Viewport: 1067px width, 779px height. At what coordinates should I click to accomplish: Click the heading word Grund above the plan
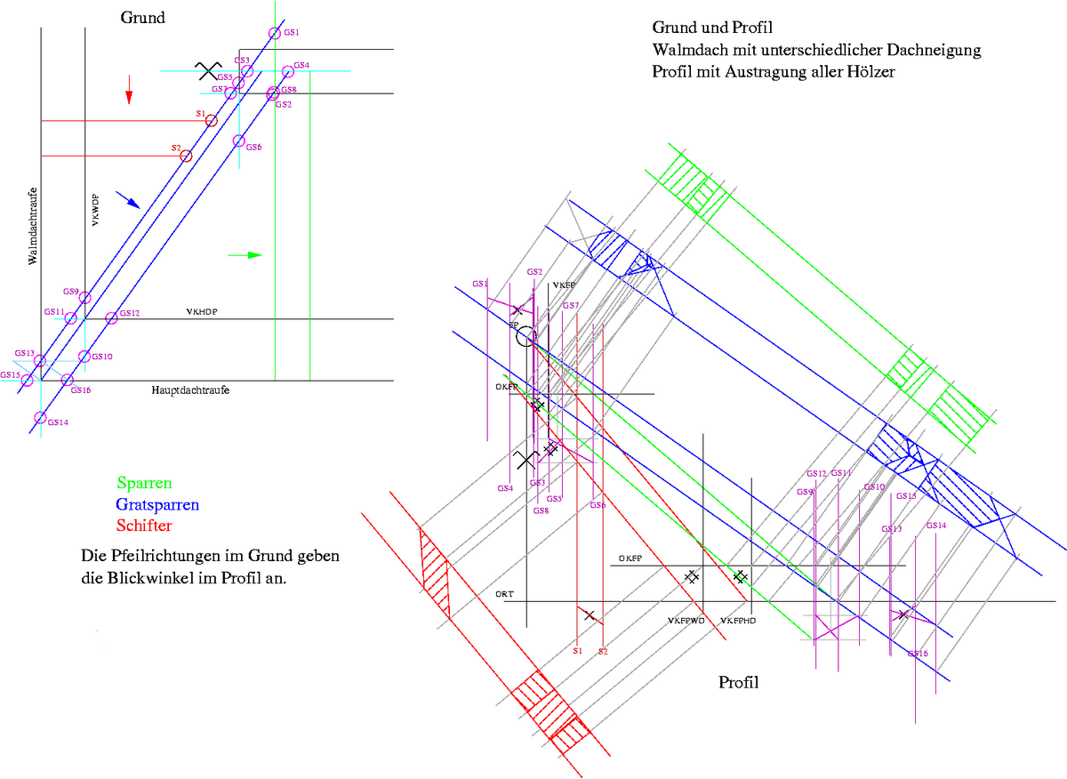coord(143,18)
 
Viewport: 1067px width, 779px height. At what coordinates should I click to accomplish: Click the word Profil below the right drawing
coord(738,683)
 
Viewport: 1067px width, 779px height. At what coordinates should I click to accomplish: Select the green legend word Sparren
coord(144,484)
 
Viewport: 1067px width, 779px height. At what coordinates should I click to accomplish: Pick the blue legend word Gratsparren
coord(157,504)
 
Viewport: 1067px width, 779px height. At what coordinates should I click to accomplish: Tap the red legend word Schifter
coord(144,525)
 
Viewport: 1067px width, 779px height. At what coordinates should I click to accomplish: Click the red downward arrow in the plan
coord(129,89)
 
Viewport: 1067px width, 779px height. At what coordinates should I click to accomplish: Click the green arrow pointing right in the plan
coord(245,255)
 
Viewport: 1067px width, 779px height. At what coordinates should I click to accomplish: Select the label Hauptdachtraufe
coord(184,390)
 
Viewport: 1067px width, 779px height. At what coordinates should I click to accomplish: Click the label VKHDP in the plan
coord(202,312)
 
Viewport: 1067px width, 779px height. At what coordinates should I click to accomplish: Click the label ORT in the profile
coord(505,593)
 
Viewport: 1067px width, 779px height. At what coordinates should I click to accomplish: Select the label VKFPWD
coord(686,621)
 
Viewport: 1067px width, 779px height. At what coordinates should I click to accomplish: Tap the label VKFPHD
coord(738,621)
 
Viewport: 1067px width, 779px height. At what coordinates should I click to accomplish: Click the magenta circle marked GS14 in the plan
coord(40,418)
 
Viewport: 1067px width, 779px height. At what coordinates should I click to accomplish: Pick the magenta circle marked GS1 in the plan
coord(274,34)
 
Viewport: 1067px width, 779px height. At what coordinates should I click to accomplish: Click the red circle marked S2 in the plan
coord(186,156)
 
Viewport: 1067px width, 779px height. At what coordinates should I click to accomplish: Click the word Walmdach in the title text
coord(684,50)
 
